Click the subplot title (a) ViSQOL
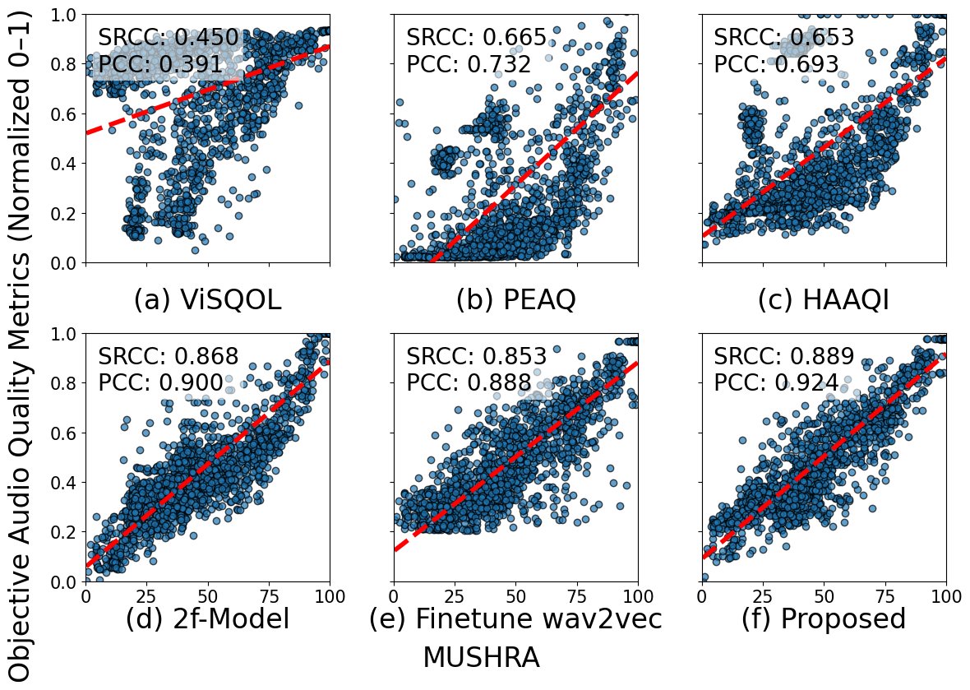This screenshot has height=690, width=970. point(207,301)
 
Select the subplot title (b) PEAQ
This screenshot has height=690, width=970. point(515,301)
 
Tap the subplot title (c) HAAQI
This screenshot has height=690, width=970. point(823,301)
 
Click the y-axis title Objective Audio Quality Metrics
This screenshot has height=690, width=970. point(22,345)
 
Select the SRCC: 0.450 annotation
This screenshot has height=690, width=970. point(168,38)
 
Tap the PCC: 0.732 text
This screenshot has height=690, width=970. point(469,64)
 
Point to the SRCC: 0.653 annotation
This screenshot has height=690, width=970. point(783,38)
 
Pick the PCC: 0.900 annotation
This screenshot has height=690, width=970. point(160,383)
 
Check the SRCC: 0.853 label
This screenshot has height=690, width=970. point(476,357)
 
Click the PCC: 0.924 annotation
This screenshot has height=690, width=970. point(776,383)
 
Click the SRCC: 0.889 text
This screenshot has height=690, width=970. point(783,357)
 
